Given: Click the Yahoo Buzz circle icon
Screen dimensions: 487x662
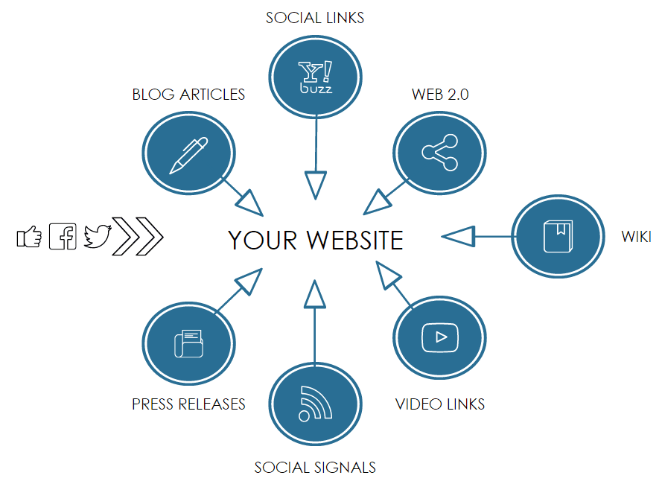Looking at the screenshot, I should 316,77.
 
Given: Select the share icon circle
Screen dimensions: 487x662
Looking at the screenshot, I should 439,153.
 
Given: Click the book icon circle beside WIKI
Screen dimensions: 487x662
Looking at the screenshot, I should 557,236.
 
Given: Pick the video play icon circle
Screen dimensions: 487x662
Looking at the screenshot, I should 439,338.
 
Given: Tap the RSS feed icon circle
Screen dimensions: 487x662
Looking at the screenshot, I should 316,404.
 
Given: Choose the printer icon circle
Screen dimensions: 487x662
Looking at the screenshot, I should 188,343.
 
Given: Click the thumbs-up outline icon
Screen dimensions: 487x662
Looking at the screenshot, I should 29,237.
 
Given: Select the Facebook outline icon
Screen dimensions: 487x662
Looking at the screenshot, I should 63,237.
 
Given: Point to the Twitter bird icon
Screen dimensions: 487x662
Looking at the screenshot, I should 97,236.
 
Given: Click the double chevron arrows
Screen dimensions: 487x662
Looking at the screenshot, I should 138,237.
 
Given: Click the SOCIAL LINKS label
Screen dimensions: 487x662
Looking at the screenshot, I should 315,17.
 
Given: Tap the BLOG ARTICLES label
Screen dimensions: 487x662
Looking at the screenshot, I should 188,95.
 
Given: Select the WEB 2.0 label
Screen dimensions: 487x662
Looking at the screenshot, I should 440,95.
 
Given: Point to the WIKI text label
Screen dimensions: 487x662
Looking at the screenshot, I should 637,237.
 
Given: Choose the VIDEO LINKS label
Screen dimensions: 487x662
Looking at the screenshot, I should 440,404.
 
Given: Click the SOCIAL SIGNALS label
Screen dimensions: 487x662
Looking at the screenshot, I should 315,468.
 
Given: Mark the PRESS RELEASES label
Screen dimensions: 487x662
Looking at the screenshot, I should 188,404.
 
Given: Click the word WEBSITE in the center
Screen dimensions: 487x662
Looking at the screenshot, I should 354,241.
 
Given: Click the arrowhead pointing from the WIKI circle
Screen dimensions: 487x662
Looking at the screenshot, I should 458,236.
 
